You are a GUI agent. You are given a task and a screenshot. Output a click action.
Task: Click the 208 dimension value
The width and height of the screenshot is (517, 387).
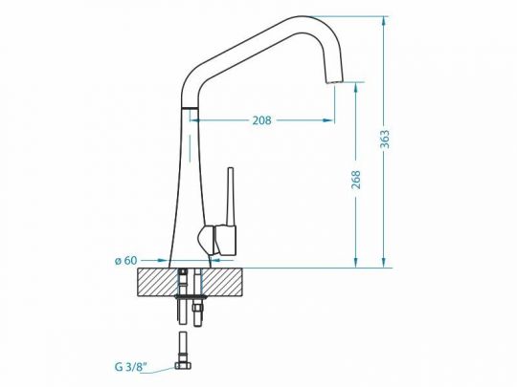261,120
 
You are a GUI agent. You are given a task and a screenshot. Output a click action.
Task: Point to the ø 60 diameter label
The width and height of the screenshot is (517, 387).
126,259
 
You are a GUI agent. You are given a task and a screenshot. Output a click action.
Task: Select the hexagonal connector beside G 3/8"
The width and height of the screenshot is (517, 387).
185,363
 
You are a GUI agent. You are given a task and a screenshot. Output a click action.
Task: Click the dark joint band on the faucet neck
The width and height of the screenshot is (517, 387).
190,110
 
